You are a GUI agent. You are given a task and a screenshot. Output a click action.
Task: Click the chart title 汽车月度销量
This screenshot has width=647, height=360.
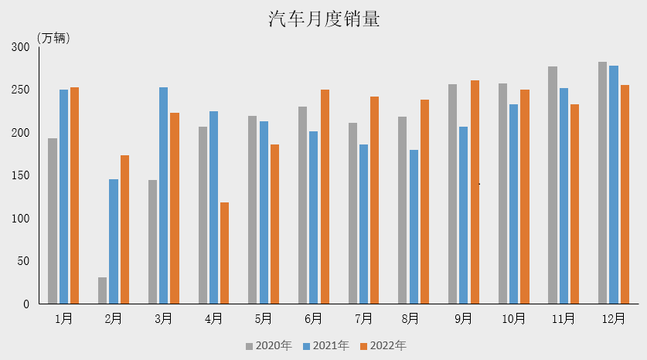(324, 19)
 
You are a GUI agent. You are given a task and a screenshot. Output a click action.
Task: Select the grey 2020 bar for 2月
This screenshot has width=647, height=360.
(103, 290)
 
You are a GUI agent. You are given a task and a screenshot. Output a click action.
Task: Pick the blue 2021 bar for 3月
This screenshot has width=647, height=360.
(163, 195)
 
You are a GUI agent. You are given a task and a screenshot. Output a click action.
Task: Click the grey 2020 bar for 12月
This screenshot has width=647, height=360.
(602, 182)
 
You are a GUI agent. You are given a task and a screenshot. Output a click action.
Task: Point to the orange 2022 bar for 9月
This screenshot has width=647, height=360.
(475, 192)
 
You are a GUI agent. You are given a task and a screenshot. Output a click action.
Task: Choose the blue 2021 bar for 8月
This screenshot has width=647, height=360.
(414, 226)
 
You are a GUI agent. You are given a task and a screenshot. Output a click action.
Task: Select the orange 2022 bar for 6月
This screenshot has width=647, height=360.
(325, 196)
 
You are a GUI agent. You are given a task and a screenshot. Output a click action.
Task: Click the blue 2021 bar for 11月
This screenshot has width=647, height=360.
(564, 195)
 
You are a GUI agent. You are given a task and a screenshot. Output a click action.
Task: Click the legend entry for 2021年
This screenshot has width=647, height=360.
(325, 345)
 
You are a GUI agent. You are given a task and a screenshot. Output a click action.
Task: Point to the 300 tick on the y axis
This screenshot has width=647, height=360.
(20, 47)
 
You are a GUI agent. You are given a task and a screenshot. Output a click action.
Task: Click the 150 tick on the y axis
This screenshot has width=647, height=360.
(20, 175)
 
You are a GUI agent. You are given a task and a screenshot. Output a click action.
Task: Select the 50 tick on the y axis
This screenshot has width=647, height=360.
(23, 261)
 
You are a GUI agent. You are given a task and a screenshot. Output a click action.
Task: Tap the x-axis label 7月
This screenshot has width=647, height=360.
(363, 318)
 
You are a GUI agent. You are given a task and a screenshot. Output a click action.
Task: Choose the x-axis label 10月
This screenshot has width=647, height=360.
(513, 318)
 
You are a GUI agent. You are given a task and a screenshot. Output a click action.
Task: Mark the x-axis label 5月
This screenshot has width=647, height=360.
(263, 318)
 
